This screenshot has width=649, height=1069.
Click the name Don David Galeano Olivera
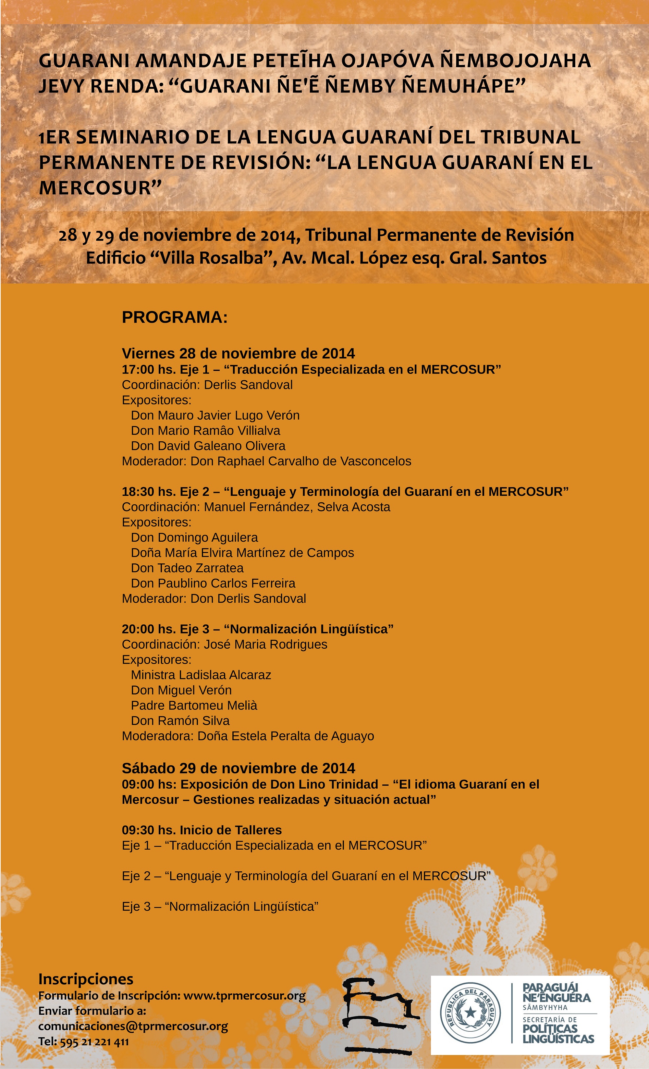point(208,446)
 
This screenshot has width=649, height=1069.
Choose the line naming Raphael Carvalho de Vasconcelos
point(266,461)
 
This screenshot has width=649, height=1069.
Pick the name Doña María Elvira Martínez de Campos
point(242,553)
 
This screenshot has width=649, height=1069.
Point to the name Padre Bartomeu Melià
point(194,706)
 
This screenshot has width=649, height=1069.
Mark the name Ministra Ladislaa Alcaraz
point(201,675)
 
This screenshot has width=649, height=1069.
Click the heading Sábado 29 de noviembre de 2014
point(238,768)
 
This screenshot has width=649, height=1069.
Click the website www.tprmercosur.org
point(244,995)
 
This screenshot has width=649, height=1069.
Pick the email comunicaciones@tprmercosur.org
point(133,1026)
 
